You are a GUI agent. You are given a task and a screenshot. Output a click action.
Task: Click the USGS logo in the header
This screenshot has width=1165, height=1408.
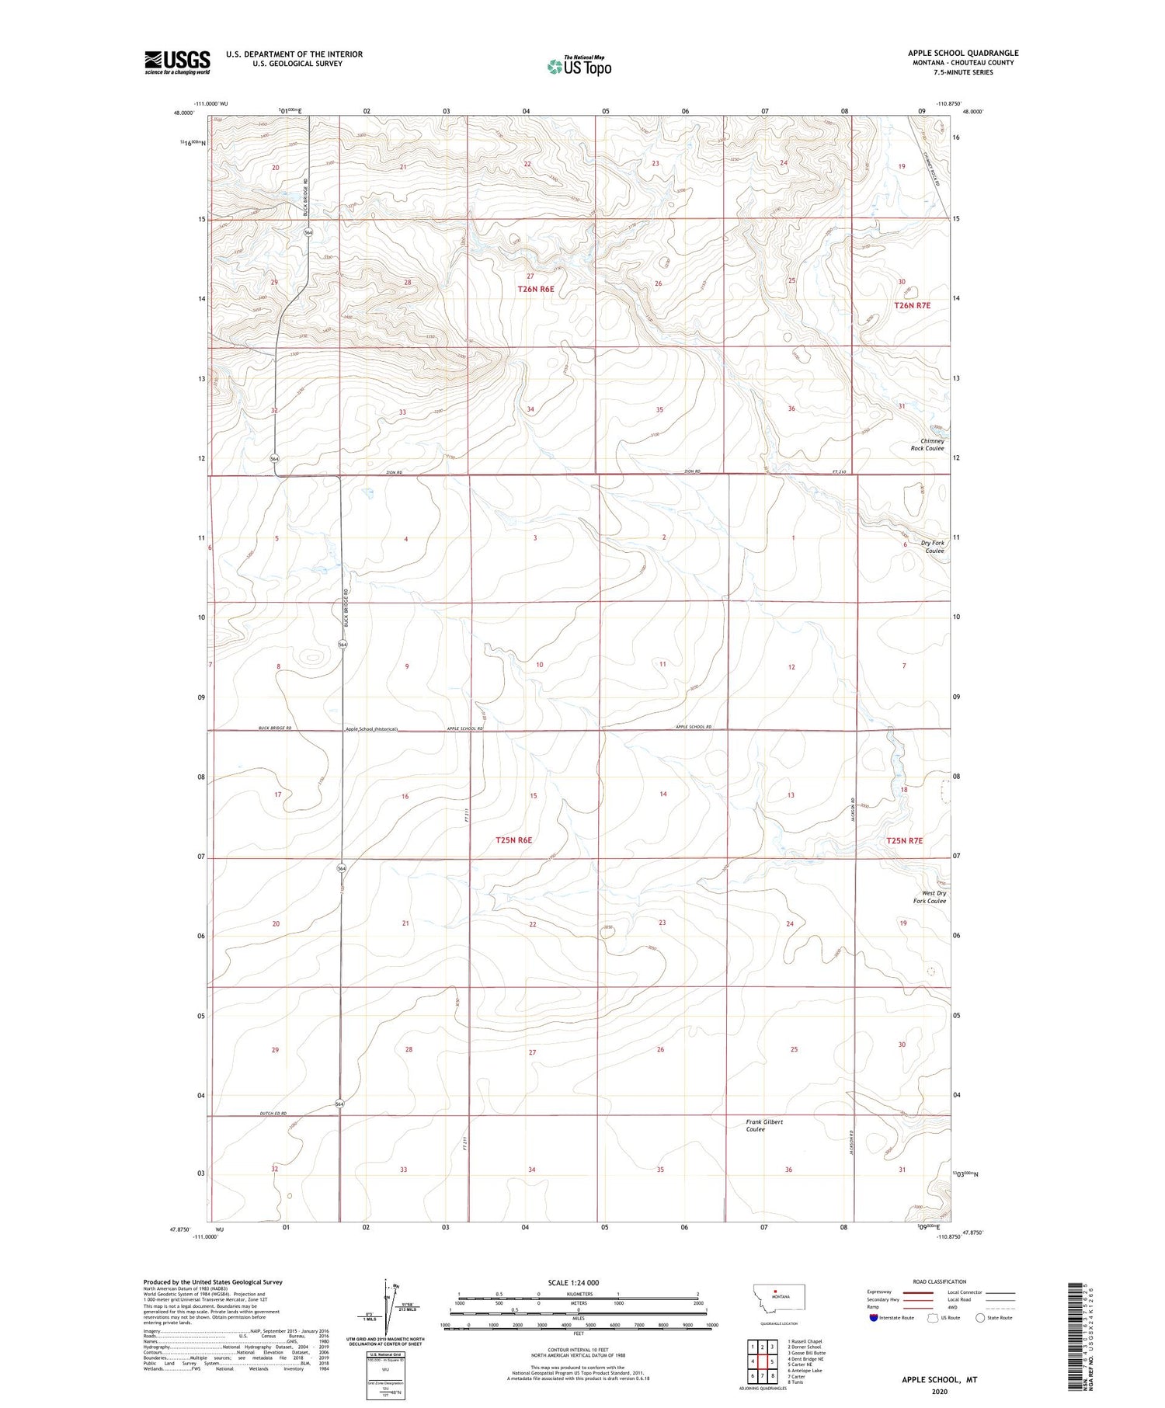point(177,62)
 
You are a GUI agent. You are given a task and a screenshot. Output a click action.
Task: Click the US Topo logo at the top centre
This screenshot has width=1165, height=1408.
point(579,67)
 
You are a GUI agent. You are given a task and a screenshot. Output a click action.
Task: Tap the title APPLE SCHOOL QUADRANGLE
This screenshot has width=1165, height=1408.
point(963,53)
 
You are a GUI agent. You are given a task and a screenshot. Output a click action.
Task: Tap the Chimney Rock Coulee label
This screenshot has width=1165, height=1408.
point(927,444)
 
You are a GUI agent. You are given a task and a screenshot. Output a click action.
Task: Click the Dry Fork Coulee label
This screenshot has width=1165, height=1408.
point(932,547)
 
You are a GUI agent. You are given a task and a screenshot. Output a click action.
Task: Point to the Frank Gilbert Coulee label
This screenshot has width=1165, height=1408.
point(766,1125)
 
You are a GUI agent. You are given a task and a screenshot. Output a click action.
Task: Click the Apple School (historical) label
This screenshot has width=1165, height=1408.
point(372,728)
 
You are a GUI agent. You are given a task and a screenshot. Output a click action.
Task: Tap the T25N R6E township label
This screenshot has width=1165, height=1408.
point(513,840)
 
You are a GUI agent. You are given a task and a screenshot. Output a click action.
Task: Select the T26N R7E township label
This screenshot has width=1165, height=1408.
point(912,306)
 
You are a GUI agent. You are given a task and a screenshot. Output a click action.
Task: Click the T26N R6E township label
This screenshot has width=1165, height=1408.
point(536,289)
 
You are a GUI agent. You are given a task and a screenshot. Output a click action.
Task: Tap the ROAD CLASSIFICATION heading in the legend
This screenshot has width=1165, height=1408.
point(940,1281)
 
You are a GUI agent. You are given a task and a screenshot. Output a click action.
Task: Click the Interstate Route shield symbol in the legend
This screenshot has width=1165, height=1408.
point(874,1317)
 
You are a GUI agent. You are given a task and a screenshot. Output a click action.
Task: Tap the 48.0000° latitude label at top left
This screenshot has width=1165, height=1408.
point(183,112)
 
